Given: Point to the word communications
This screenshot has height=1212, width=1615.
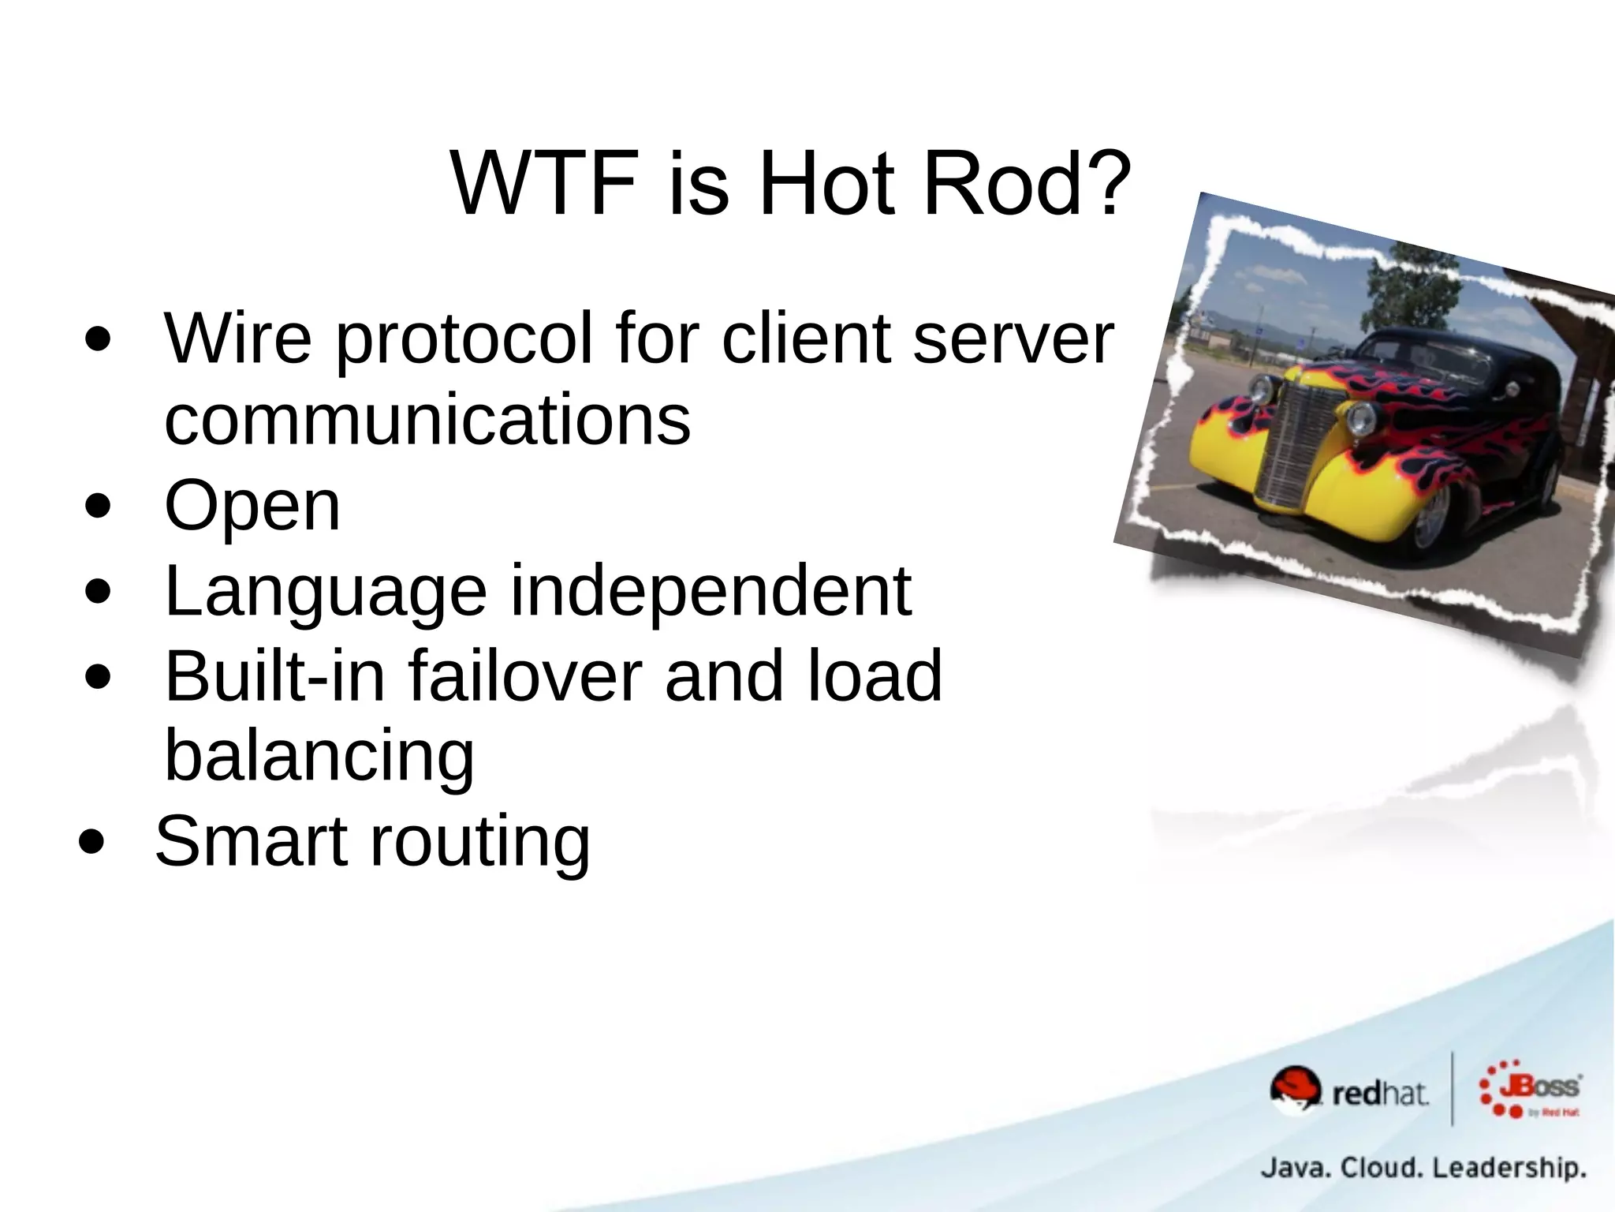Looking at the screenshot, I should click(427, 420).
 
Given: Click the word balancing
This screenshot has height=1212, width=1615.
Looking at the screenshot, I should click(319, 756).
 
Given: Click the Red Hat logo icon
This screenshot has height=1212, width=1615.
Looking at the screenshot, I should click(1294, 1090).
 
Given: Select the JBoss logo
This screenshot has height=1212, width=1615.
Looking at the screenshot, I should click(1530, 1089).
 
